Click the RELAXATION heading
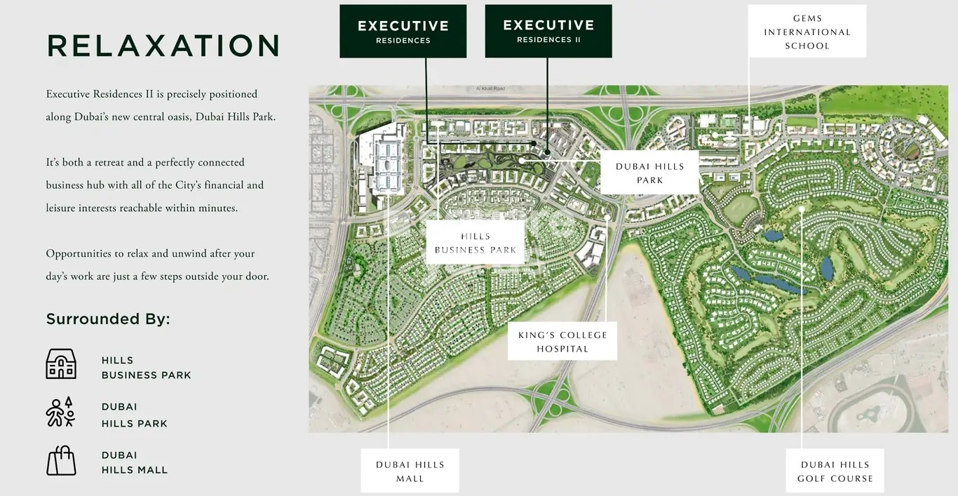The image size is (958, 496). (x=163, y=46)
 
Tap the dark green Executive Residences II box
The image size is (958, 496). (x=548, y=31)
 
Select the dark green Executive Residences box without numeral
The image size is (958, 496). (x=403, y=31)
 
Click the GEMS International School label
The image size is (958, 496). (x=807, y=32)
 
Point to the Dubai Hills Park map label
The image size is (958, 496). (x=649, y=173)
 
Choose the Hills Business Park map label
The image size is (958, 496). (x=475, y=243)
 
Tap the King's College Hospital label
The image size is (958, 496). (x=562, y=342)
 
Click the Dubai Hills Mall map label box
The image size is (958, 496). (x=410, y=471)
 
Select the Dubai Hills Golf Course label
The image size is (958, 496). (x=835, y=471)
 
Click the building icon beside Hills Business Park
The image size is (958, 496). (x=61, y=364)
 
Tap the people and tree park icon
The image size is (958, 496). (x=60, y=412)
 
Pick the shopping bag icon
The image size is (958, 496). (x=61, y=460)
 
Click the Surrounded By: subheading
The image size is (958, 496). (x=108, y=319)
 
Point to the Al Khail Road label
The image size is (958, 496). (x=489, y=89)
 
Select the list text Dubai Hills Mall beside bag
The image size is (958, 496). (x=135, y=462)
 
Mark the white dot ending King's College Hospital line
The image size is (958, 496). (x=607, y=217)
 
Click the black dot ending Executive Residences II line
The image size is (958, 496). (x=547, y=152)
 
